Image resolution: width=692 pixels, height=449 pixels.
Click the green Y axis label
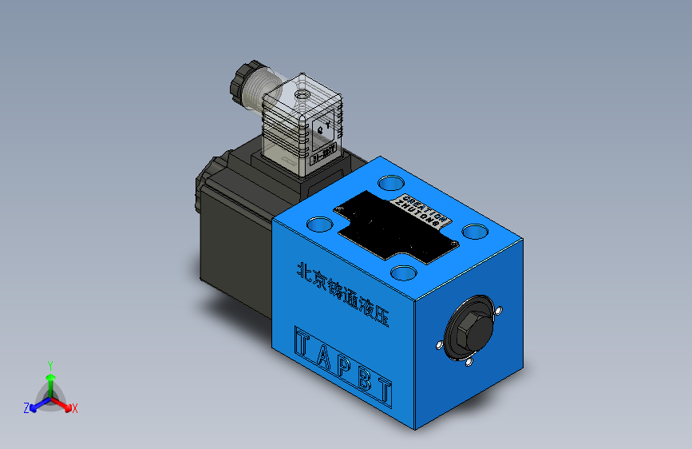[x=49, y=364]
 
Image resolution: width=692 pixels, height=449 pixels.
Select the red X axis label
[x=75, y=408]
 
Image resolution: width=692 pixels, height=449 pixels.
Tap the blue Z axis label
[x=26, y=407]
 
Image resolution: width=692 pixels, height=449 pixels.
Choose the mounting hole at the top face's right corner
[x=476, y=231]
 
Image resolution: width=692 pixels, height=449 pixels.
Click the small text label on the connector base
[x=323, y=152]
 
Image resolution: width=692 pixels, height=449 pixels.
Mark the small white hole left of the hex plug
[x=439, y=345]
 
